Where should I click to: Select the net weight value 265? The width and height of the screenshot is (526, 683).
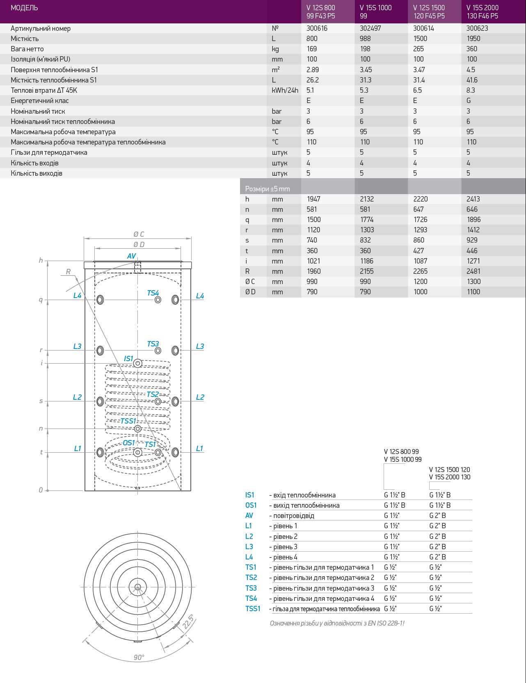[x=419, y=49]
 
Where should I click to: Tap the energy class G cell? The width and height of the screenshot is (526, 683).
[x=469, y=101]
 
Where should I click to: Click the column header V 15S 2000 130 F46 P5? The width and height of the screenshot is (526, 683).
[x=482, y=12]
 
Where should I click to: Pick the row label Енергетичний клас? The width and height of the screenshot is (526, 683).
[x=40, y=101]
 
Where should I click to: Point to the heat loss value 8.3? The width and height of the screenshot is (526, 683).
[x=471, y=90]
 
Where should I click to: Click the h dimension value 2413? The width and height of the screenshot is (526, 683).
[x=473, y=199]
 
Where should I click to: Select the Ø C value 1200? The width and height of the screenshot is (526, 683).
[x=420, y=282]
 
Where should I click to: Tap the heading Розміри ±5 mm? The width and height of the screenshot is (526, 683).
[x=268, y=189]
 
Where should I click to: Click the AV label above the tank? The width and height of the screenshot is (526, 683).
[x=131, y=256]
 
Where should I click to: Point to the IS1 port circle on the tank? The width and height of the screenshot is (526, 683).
[x=138, y=363]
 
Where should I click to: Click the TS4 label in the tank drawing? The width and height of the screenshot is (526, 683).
[x=153, y=293]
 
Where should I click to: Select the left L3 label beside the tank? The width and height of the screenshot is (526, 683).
[x=77, y=346]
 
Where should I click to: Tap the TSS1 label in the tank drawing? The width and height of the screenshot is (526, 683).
[x=128, y=421]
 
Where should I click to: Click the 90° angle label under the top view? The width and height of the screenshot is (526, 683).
[x=139, y=657]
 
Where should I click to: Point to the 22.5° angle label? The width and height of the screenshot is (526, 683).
[x=188, y=621]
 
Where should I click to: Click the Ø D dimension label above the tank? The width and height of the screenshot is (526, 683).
[x=139, y=245]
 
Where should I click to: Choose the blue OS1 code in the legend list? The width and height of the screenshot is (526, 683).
[x=251, y=505]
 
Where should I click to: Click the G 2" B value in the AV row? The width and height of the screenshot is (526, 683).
[x=437, y=516]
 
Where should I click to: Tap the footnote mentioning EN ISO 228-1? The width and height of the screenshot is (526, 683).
[x=337, y=623]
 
